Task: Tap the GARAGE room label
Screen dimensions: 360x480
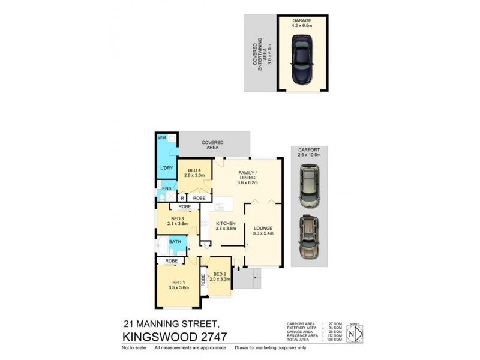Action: coord(302,20)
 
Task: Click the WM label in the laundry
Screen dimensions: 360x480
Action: coord(161,138)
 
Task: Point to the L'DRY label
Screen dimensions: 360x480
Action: coord(166,167)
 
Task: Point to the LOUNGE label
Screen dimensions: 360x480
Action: coord(263,228)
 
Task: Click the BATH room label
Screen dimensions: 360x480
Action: coord(175,242)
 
